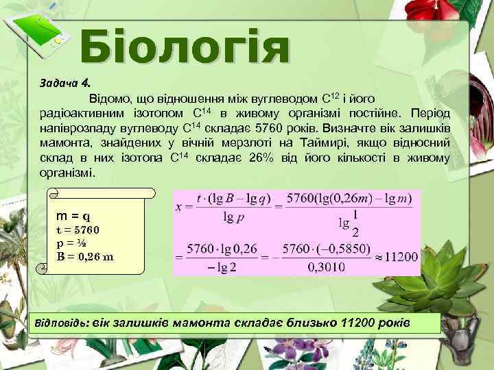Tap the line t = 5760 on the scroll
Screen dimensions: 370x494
(78, 229)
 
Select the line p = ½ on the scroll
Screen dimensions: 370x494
(70, 243)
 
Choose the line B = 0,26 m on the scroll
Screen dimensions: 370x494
(85, 257)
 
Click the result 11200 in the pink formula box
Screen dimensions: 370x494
(399, 257)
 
